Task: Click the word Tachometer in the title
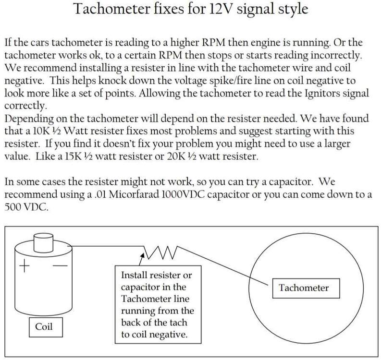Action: click(112, 9)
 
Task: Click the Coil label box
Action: click(46, 327)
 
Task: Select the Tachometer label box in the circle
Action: click(306, 288)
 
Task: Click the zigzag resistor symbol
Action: click(161, 252)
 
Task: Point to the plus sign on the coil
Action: click(25, 265)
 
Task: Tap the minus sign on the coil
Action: click(60, 265)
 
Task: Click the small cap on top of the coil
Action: click(43, 243)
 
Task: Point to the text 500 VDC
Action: click(26, 207)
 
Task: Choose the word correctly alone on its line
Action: click(25, 106)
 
